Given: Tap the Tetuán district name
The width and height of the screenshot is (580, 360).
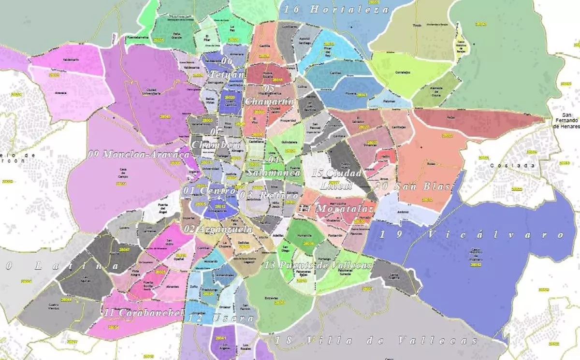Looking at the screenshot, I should [x=227, y=75].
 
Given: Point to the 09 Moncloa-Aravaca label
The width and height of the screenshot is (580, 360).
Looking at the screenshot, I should [x=139, y=154].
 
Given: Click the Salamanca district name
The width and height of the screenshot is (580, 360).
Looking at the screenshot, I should [x=274, y=173].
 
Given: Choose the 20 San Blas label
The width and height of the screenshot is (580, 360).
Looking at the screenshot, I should [x=413, y=186].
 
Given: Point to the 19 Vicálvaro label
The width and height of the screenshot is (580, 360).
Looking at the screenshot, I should [x=472, y=235].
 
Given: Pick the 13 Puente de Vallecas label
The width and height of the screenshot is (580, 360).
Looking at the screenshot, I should [x=319, y=265].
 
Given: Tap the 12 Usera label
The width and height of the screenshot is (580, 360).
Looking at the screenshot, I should [x=221, y=318].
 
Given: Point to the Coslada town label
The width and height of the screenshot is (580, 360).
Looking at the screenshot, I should [x=512, y=165].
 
